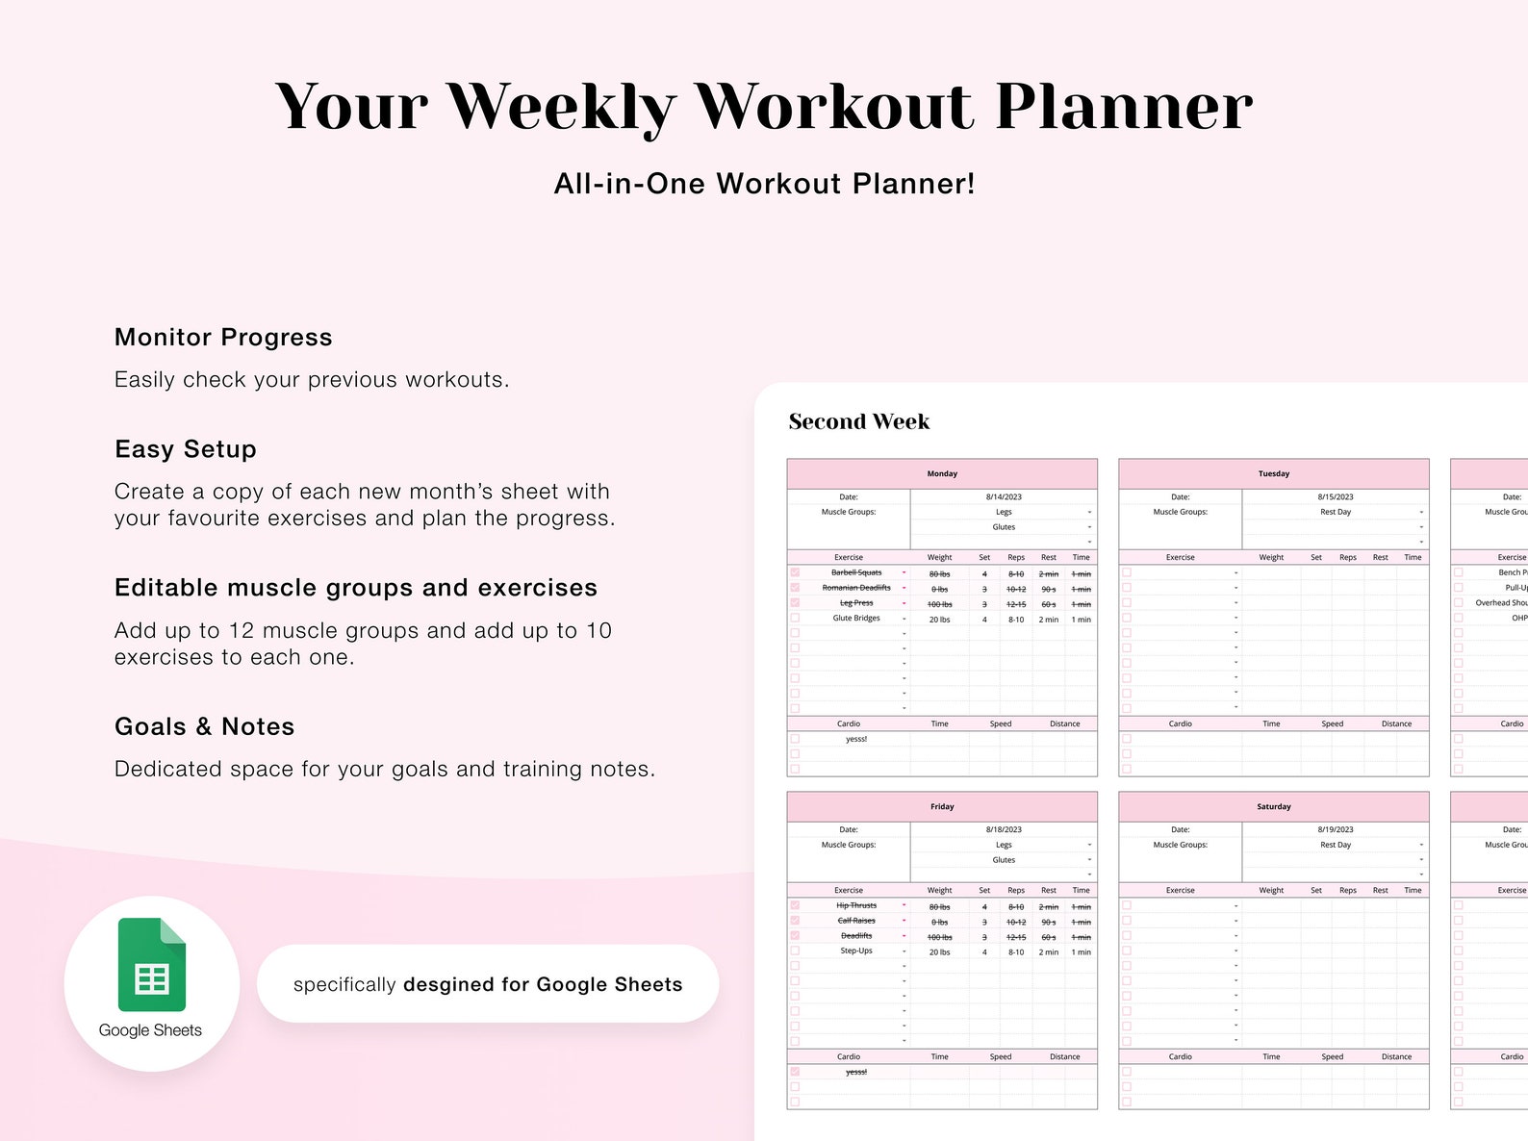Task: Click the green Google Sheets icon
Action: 151,964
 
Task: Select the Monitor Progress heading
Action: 223,338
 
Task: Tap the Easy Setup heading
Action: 186,449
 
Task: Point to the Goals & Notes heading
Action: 204,726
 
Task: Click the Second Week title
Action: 858,421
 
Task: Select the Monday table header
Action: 942,473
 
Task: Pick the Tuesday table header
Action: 1273,473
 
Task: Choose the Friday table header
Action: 942,806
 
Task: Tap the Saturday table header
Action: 1273,806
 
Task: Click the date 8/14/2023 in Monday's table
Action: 1004,497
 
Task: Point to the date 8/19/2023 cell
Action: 1336,829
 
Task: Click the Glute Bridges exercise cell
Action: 856,619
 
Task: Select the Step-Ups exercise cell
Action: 856,951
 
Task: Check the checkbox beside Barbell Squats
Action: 795,572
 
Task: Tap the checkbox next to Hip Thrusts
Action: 795,905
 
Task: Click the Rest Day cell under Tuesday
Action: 1336,512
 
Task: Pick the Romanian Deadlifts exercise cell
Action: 856,588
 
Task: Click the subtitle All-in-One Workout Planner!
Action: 764,184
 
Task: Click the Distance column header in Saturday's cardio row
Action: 1396,1056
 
